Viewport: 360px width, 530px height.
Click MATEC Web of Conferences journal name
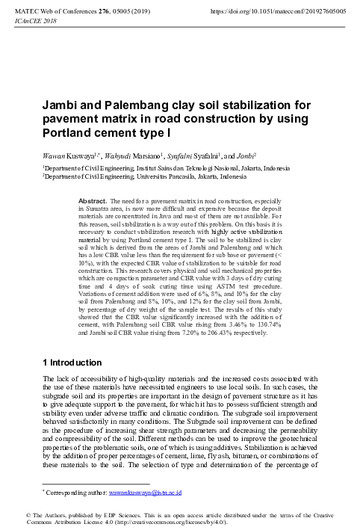(x=66, y=13)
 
